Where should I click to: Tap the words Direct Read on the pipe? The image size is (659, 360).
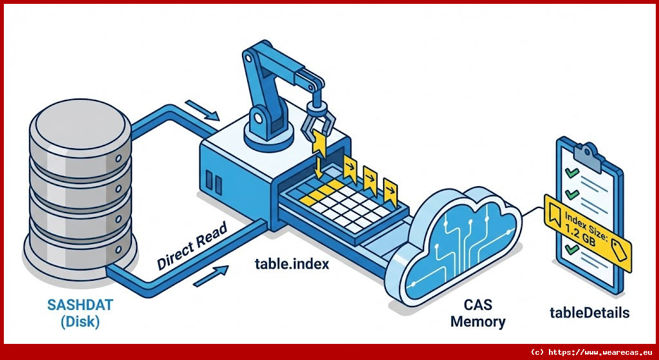(x=192, y=246)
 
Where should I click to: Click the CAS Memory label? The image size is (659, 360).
(x=478, y=312)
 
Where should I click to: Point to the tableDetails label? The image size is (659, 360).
(x=589, y=313)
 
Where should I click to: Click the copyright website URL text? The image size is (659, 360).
(x=591, y=352)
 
